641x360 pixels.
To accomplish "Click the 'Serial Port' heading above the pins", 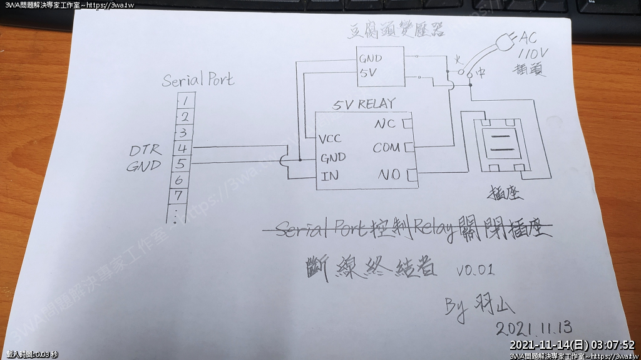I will tap(198, 80).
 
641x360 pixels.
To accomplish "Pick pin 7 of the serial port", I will tap(178, 195).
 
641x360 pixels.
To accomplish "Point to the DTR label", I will tap(145, 150).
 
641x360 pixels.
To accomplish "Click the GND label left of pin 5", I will tap(144, 166).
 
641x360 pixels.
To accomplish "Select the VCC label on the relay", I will tap(330, 138).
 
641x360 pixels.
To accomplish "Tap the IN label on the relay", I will tap(329, 176).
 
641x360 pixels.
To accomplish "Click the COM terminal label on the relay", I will tap(386, 148).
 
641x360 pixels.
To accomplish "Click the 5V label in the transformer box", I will tap(368, 73).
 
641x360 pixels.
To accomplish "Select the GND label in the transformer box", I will tap(371, 58).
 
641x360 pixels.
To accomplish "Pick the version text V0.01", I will tap(475, 270).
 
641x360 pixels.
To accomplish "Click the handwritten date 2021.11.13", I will tap(534, 328).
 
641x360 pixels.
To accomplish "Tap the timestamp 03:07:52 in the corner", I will tap(612, 345).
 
